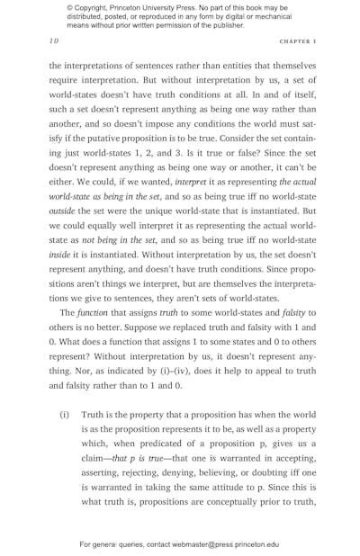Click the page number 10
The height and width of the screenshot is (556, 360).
53,40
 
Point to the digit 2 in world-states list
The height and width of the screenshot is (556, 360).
159,157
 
